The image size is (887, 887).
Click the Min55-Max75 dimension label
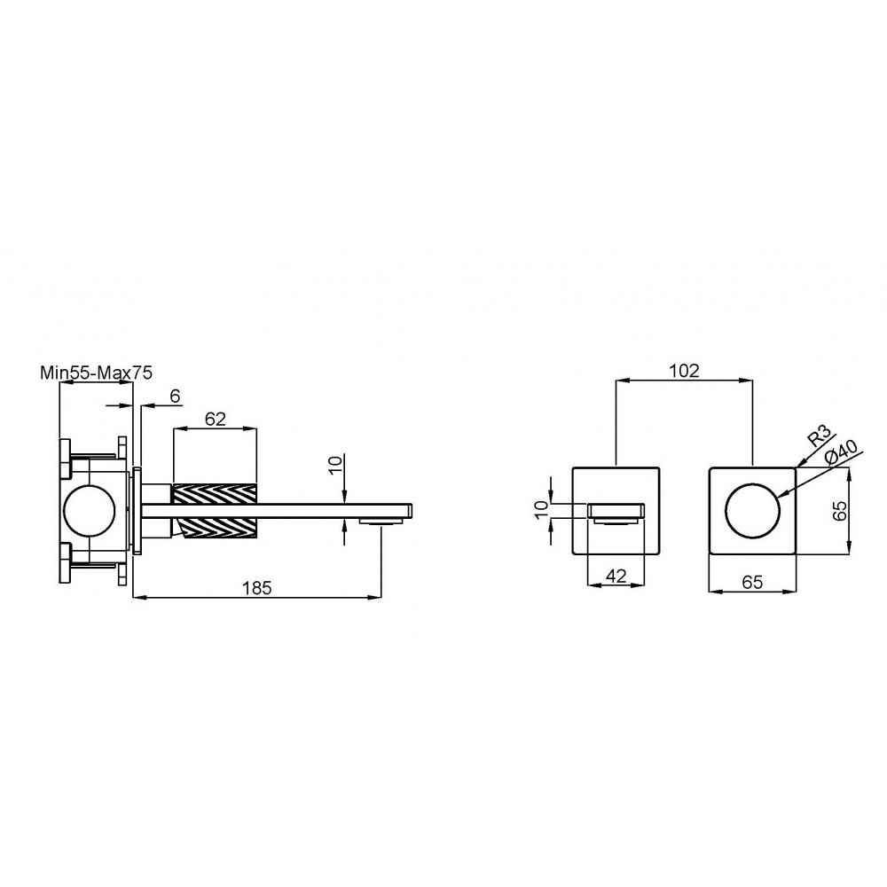coord(96,373)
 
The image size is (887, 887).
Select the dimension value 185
coord(257,588)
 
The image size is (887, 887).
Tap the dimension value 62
coord(216,419)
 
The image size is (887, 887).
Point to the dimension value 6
coord(175,396)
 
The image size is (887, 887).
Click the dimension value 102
coord(685,371)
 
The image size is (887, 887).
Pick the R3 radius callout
coord(819,436)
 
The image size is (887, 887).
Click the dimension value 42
coord(616,576)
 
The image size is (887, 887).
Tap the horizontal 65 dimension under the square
coord(752,582)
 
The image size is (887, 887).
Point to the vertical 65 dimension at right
coord(841,511)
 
